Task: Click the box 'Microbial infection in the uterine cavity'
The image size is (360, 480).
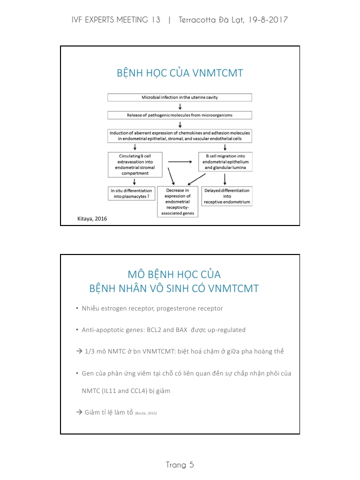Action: pos(179,97)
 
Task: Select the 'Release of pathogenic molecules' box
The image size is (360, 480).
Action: pos(179,115)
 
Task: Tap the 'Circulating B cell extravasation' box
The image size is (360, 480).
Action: pos(133,164)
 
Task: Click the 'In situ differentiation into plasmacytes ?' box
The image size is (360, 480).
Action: pos(130,193)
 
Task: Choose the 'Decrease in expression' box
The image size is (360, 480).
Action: pos(177,201)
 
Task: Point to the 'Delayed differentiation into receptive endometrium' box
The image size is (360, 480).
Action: pos(226,196)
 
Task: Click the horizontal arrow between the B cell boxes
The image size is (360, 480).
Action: pos(180,162)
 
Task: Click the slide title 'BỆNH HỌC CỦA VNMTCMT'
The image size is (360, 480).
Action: pos(179,73)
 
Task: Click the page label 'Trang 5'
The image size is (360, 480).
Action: pos(179,465)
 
